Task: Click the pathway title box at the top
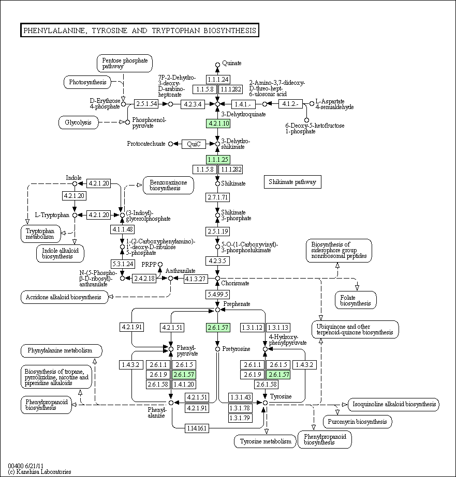coord(140,30)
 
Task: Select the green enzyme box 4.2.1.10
coord(218,124)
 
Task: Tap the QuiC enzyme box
coord(194,144)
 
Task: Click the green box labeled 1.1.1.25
coord(218,159)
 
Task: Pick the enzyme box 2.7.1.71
coord(218,197)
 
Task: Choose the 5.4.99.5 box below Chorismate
coord(218,294)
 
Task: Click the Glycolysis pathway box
coord(78,122)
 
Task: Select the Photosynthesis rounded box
coord(87,82)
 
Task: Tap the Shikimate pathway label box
coord(292,182)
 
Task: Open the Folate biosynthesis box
coord(356,300)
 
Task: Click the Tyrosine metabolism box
coord(265,441)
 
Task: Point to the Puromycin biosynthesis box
coord(357,422)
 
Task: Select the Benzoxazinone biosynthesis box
coord(168,185)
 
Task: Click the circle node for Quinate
coord(217,65)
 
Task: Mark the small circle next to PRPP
coord(160,265)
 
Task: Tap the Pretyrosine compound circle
coord(217,349)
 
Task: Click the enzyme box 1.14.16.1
coord(197,428)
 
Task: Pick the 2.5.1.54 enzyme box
coord(146,104)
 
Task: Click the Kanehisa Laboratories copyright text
coord(40,472)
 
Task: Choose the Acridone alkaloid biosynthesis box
coord(64,297)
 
